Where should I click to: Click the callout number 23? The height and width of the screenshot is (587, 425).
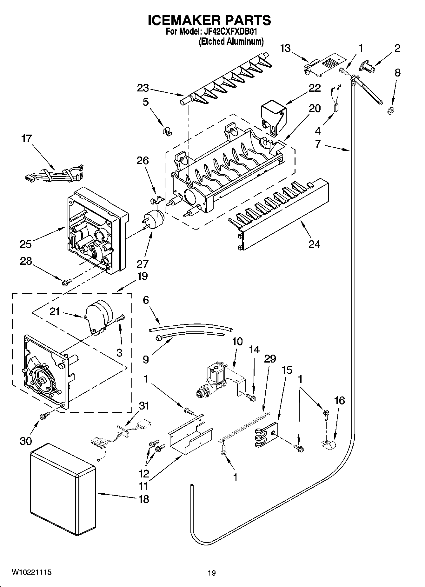[x=143, y=88]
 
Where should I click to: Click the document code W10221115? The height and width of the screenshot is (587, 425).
[x=31, y=572]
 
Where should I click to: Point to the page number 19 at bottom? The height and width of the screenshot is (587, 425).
[x=212, y=573]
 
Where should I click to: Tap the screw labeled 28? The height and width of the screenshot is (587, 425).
[x=68, y=281]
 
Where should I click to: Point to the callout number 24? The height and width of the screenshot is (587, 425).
[x=314, y=244]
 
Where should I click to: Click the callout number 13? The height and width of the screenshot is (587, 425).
[x=286, y=48]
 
